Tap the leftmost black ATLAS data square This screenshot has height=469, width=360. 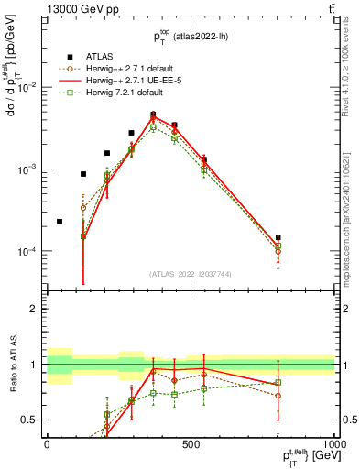(x=60, y=222)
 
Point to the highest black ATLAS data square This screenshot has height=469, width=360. (x=153, y=115)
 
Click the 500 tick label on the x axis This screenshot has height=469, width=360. (x=191, y=443)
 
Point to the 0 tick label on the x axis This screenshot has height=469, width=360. (x=47, y=443)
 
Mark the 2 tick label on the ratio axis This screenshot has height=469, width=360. (x=35, y=309)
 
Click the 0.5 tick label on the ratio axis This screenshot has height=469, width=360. (x=31, y=420)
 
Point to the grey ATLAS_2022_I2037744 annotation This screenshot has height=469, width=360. (x=191, y=274)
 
